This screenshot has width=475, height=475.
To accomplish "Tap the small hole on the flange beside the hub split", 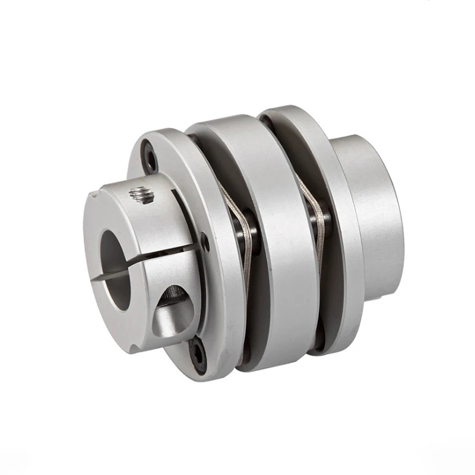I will click(x=205, y=242).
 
